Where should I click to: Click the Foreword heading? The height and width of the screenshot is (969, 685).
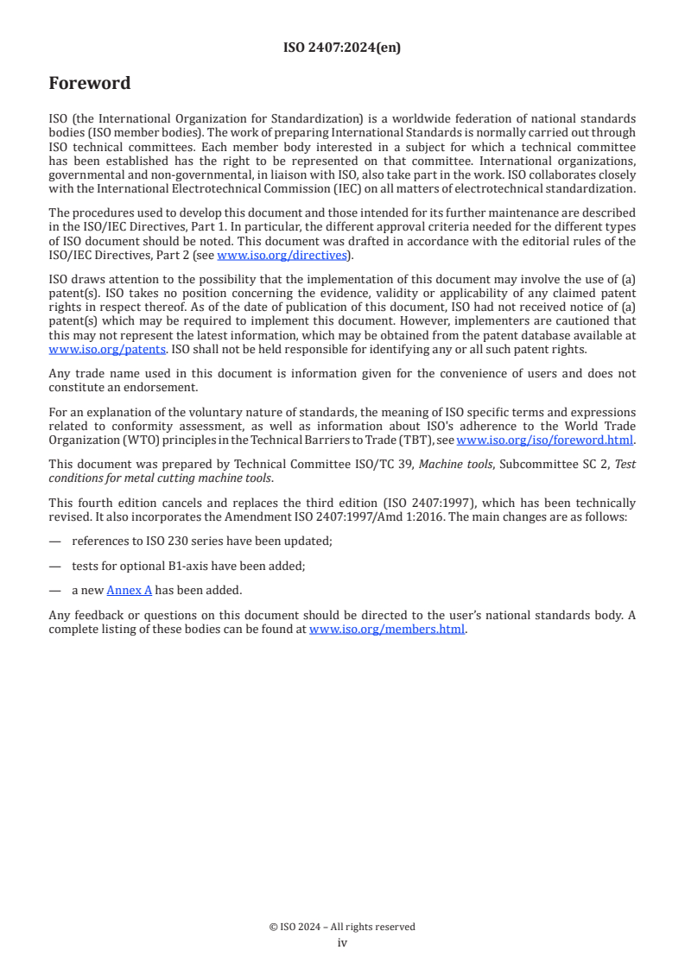point(90,84)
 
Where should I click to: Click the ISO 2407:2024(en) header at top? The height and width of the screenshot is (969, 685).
point(342,48)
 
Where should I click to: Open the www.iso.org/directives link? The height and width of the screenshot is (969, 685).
point(282,255)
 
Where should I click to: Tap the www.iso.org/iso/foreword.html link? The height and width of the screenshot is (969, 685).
point(545,440)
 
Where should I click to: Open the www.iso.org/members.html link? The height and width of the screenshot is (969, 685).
point(387,629)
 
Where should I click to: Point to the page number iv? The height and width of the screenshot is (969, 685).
point(342,942)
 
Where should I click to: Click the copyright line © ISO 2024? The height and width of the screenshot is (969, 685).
point(342,927)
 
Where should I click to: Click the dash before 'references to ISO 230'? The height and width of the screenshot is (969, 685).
point(55,541)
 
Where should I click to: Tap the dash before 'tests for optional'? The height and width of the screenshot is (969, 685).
point(55,566)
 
